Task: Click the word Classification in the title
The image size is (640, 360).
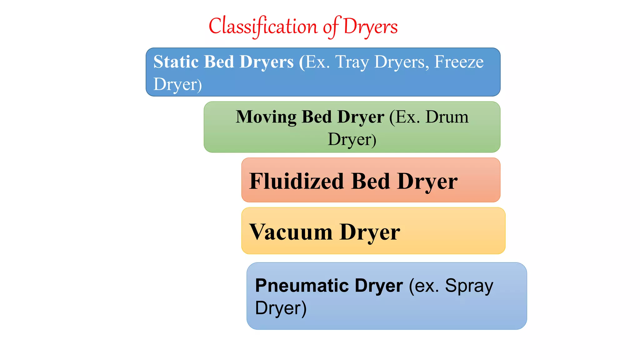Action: (263, 26)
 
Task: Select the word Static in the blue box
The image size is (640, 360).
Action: (176, 62)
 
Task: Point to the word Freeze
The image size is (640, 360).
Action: (459, 62)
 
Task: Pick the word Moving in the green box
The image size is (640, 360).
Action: (266, 117)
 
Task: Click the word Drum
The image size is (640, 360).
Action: (447, 117)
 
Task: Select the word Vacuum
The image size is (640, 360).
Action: (291, 232)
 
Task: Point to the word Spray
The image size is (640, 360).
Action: (469, 286)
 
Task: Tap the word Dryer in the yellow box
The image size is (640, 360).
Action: (370, 232)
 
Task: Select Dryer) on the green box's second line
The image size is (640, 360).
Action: (352, 139)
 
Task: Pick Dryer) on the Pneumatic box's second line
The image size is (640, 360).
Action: (281, 308)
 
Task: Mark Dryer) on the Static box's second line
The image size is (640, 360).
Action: (177, 84)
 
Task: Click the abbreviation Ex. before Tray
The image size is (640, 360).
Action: (317, 62)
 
